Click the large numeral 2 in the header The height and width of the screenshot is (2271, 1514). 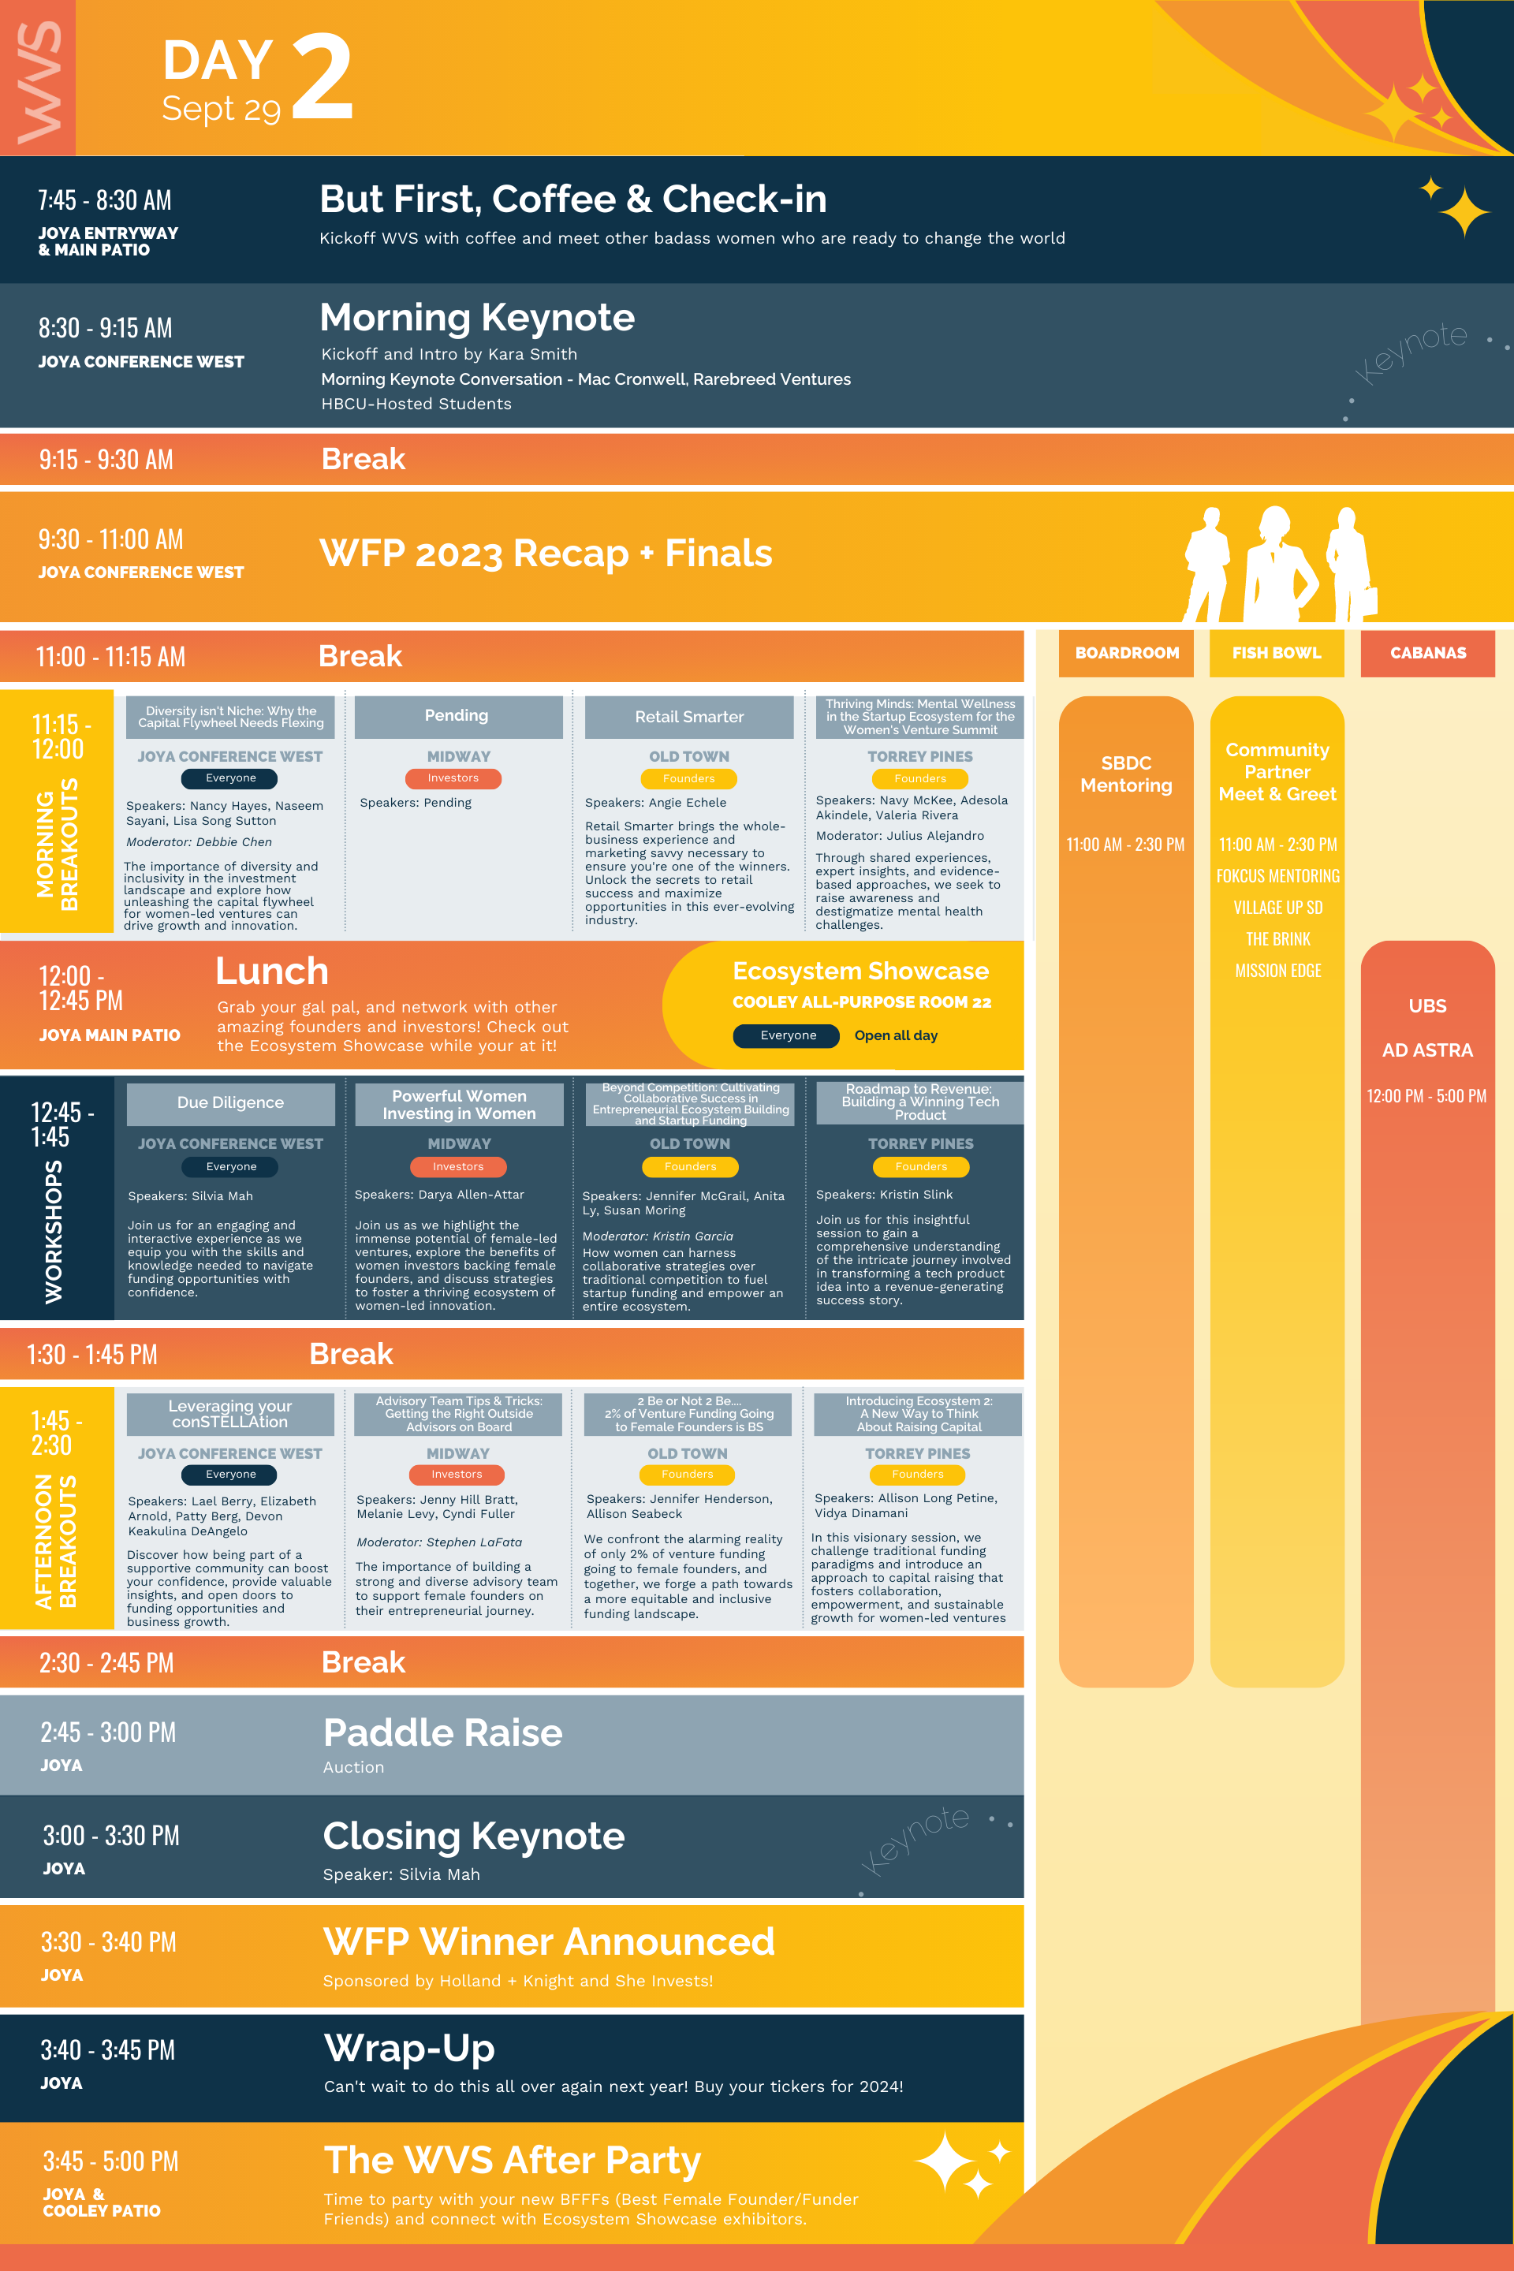(322, 77)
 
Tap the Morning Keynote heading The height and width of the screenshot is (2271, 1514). (477, 318)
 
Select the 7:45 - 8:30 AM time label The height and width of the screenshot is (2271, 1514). (104, 200)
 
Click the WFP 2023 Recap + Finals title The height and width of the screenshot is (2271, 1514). (546, 554)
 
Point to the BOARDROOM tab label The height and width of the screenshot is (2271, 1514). (1127, 653)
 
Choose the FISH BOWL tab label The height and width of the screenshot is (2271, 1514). (1277, 653)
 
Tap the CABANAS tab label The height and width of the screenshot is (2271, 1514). (1428, 653)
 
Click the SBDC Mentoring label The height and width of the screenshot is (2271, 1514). (1126, 774)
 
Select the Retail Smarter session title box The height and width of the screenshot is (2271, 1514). (689, 717)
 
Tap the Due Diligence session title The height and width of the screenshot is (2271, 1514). (231, 1102)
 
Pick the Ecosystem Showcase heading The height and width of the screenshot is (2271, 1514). (860, 971)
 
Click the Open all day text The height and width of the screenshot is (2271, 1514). (896, 1035)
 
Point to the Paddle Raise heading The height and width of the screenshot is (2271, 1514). (443, 1732)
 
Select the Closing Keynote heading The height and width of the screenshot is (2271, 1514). (474, 1836)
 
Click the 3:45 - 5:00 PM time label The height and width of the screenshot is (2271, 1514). (111, 2161)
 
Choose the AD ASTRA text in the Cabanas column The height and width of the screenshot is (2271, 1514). (1427, 1050)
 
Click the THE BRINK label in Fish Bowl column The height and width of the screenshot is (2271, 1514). (1277, 939)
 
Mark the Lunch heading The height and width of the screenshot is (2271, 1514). (272, 971)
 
